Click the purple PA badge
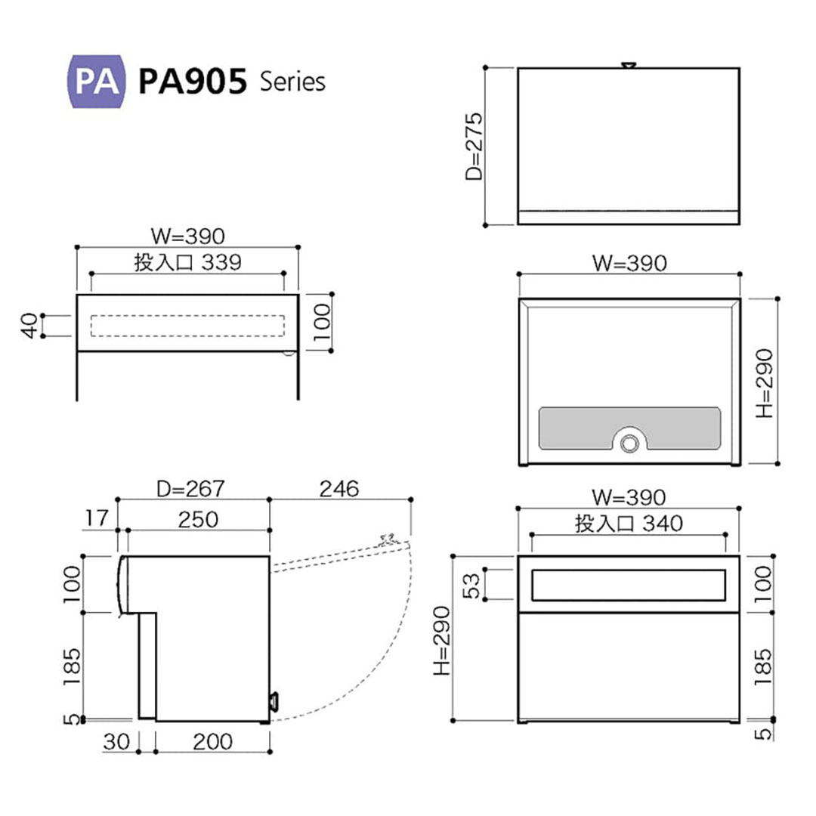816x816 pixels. click(x=97, y=82)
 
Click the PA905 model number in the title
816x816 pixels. click(x=193, y=82)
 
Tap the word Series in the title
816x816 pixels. click(x=292, y=82)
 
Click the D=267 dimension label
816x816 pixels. click(x=190, y=489)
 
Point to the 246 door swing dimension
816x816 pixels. click(x=338, y=489)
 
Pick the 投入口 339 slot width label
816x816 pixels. click(x=187, y=262)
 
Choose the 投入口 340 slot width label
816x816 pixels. click(x=629, y=523)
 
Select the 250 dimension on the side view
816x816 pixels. click(x=199, y=519)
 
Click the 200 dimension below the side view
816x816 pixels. click(x=212, y=742)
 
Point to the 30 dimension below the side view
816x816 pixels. click(x=118, y=742)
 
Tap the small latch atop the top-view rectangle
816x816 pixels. click(x=628, y=66)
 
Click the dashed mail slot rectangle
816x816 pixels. click(x=187, y=325)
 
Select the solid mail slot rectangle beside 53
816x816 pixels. click(x=629, y=585)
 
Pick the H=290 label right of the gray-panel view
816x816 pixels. click(x=765, y=383)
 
